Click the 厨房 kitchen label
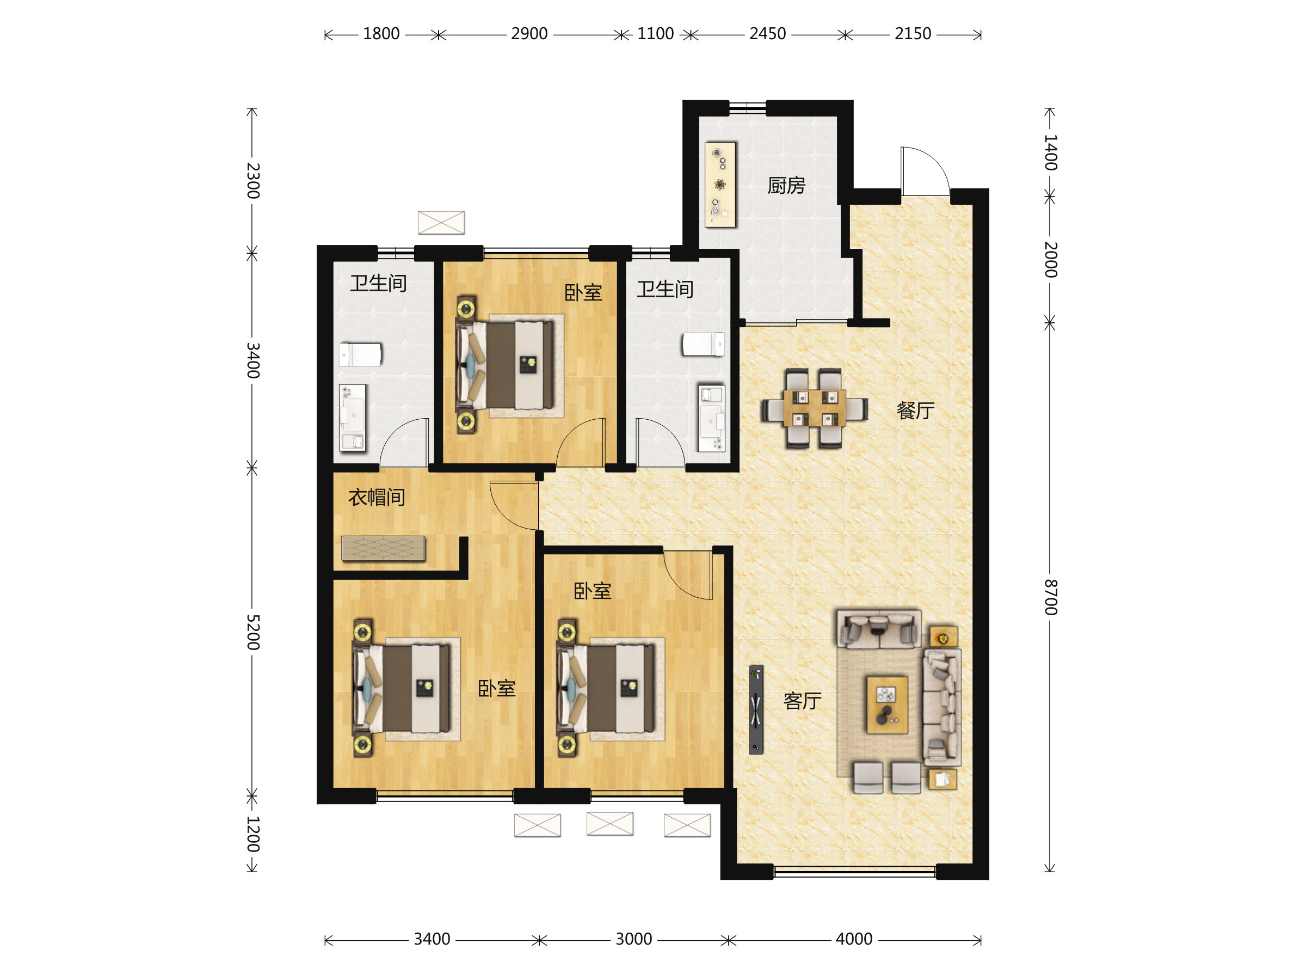[786, 186]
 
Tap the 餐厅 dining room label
[915, 411]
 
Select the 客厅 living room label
[803, 701]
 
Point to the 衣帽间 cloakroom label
[377, 498]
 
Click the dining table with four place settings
[815, 408]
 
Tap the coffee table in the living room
[887, 705]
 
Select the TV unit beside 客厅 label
[756, 709]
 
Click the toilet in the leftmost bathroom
[360, 355]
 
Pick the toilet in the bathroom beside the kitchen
[703, 345]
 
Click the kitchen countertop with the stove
[720, 185]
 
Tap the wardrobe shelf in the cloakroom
[383, 548]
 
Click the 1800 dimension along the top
[381, 34]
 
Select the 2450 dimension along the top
[767, 34]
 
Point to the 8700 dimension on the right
[1051, 597]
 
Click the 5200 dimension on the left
[252, 632]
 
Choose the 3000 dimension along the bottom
[633, 939]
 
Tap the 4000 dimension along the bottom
[854, 939]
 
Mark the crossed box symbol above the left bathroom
[441, 223]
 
